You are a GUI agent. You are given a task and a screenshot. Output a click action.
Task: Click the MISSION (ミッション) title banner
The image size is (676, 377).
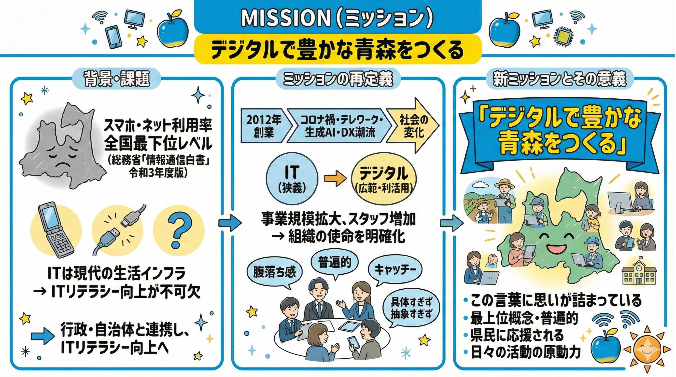338,18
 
